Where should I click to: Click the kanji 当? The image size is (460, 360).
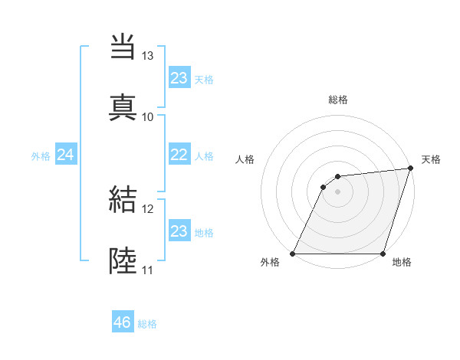[123, 46]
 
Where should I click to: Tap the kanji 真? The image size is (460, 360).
[123, 106]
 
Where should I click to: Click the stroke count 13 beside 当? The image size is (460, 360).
[148, 56]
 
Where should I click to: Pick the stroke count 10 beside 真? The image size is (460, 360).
[148, 116]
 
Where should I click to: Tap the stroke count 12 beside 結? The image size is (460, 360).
[148, 209]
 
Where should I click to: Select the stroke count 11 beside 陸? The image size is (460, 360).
[148, 270]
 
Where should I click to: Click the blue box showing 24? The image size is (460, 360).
[65, 155]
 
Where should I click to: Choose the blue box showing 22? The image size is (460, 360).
[179, 155]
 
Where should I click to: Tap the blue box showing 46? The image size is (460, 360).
[123, 322]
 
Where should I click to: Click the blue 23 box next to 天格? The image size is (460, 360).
[179, 78]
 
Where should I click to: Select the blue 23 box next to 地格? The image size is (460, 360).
[179, 231]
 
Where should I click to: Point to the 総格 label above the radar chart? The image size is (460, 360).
[338, 100]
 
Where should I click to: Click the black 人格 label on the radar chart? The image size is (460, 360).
[245, 159]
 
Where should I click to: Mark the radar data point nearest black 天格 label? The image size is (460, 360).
[411, 169]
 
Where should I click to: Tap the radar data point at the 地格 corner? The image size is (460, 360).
[383, 254]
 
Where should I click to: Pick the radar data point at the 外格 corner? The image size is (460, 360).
[292, 254]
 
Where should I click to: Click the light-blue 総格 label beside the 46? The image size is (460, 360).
[147, 324]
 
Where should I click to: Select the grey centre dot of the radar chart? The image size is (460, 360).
[337, 191]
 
